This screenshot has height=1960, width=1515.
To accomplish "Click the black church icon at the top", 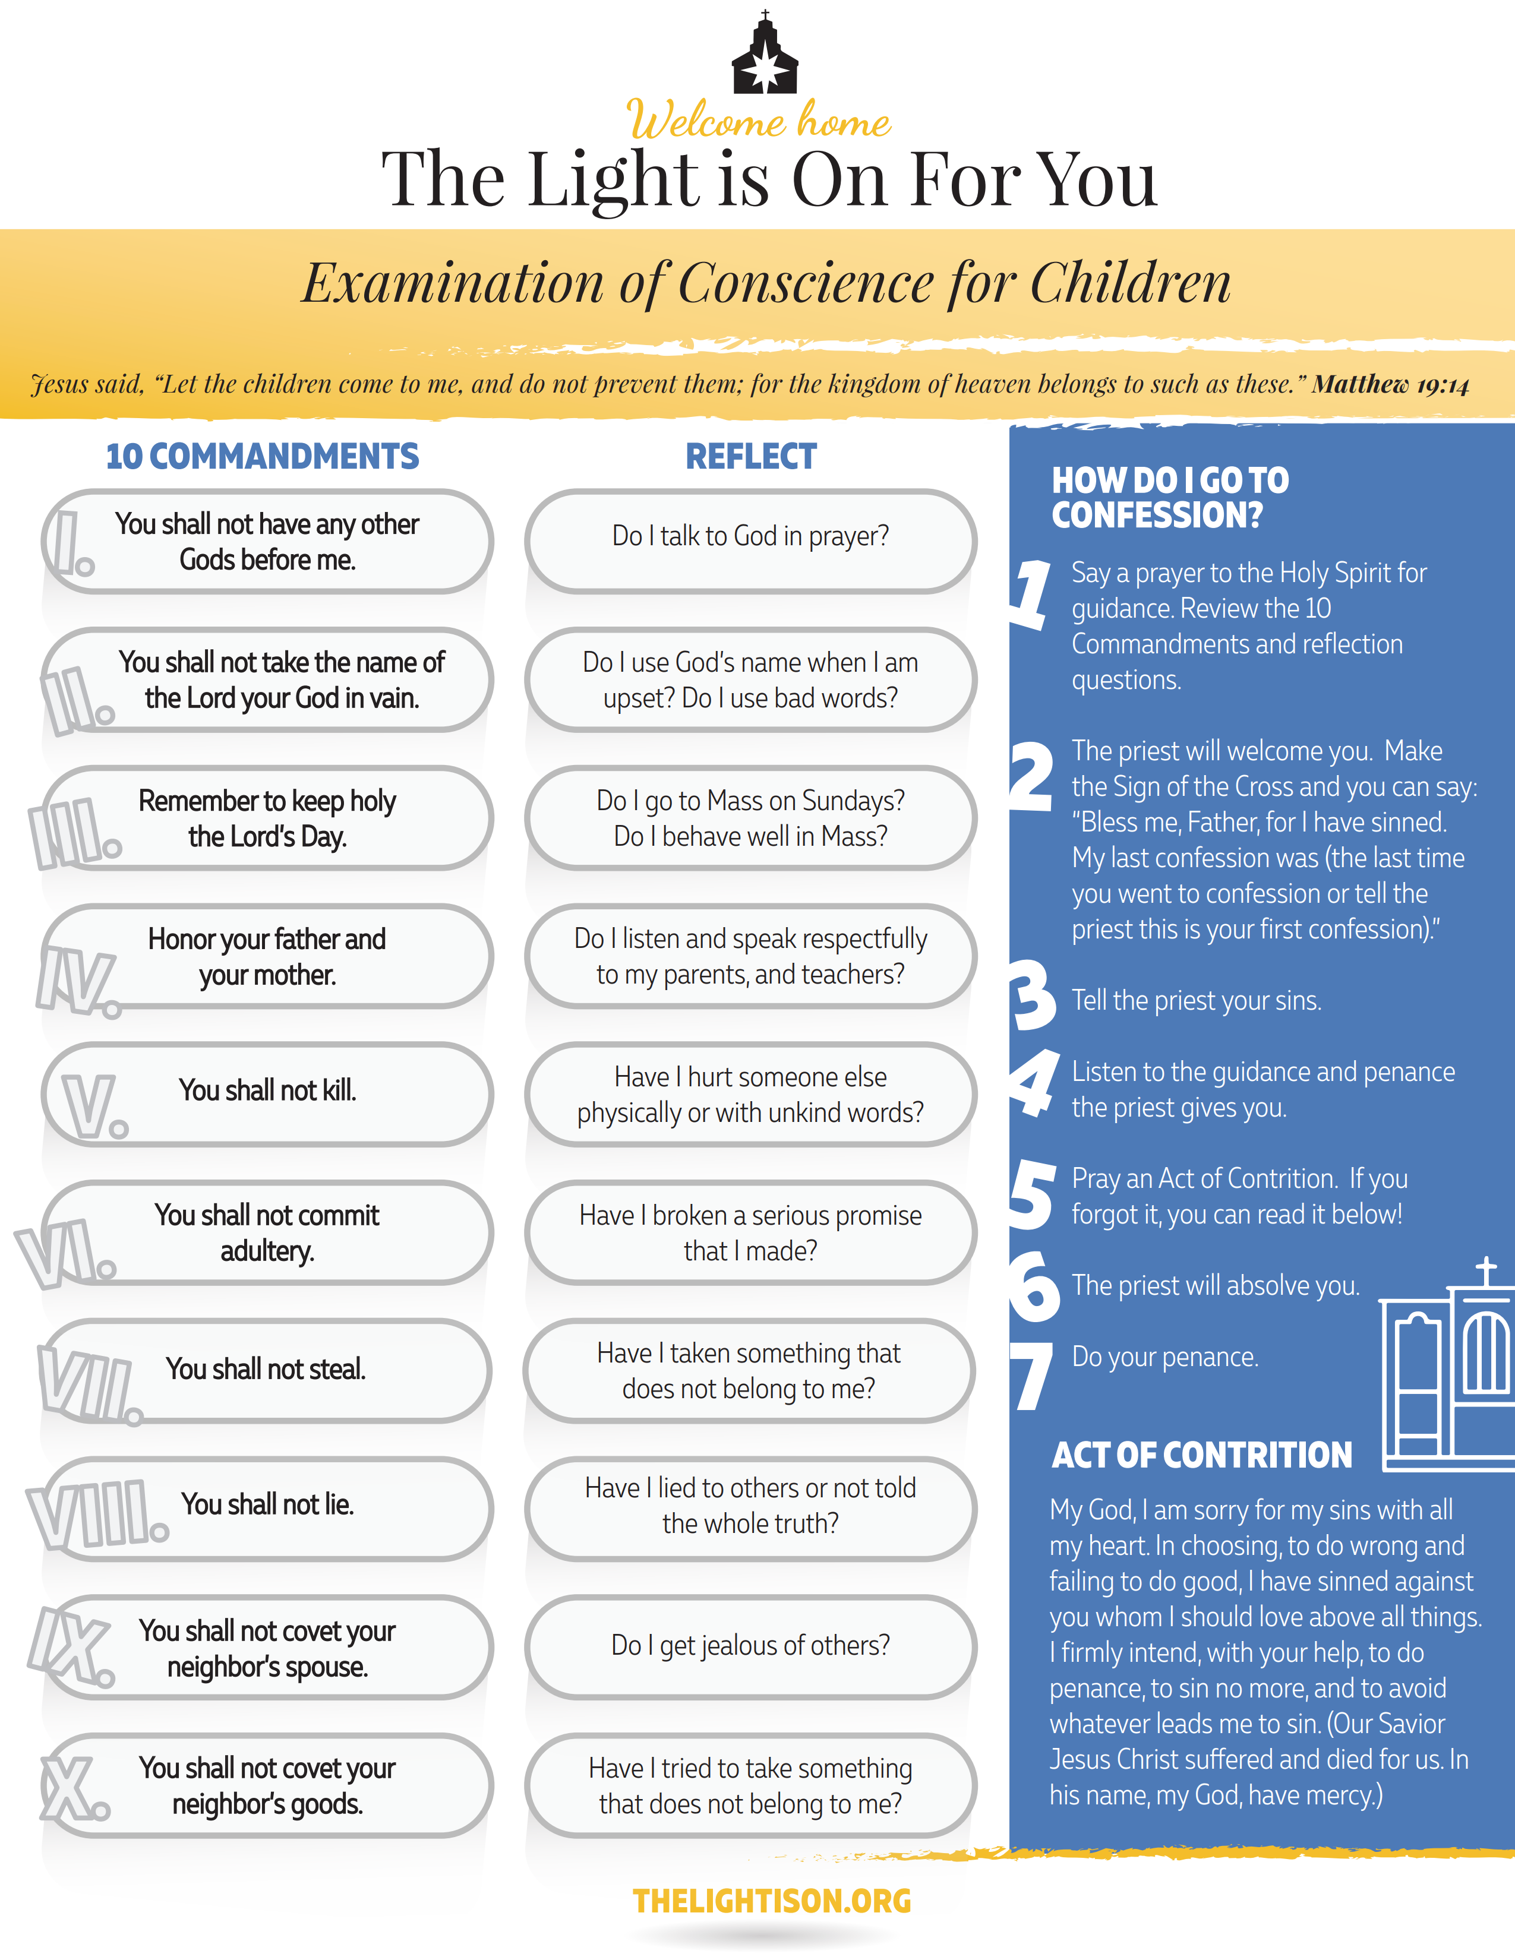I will coord(765,54).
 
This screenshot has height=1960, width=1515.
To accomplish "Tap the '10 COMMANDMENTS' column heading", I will coord(262,457).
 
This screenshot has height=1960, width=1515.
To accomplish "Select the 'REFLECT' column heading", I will coord(751,457).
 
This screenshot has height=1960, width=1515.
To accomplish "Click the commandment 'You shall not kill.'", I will coord(267,1090).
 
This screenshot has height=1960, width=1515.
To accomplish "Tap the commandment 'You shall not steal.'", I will coord(266,1370).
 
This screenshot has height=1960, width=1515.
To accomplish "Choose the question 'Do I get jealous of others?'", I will coord(750,1645).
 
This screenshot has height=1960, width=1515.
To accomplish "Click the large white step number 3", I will coord(1034,996).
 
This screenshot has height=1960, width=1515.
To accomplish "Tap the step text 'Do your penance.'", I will coord(1165,1357).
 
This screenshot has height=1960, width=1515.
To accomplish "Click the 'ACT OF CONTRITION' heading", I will coord(1202,1455).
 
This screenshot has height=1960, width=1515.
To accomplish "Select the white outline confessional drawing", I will coord(1447,1364).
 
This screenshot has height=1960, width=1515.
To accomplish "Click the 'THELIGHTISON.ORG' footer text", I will coord(772,1901).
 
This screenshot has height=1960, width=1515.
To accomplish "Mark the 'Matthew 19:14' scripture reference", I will coord(1390,385).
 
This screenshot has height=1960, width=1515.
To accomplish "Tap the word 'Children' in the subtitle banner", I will coord(1130,283).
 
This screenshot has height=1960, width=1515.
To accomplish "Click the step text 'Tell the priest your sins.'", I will coord(1197,1001).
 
